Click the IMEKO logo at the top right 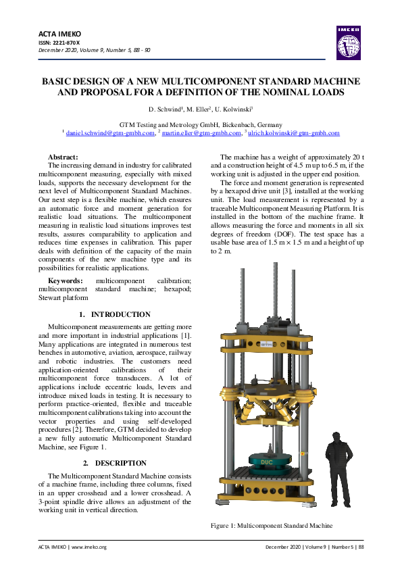(x=348, y=42)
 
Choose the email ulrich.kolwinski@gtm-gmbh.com (x=294, y=133)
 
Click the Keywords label (x=66, y=280)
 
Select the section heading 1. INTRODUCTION (x=115, y=314)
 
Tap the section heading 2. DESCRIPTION (x=115, y=463)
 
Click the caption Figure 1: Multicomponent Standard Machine (x=272, y=525)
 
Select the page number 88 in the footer (x=361, y=547)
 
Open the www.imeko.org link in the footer (x=90, y=547)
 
